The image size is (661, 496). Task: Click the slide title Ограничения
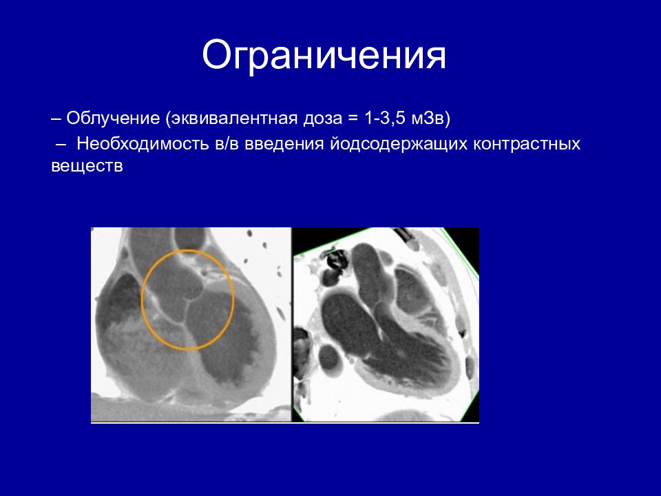324,56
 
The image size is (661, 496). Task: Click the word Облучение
113,118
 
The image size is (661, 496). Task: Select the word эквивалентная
233,118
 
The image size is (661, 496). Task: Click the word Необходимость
143,144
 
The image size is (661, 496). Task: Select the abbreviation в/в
227,144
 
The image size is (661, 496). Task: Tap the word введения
284,145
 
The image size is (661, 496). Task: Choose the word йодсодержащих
399,144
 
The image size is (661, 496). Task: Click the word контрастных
527,145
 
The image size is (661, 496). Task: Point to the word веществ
87,165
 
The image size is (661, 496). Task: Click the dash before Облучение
56,119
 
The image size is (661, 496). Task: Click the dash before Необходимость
61,145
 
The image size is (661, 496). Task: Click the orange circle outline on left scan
142,300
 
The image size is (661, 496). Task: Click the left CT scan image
191,324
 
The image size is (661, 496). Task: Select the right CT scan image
386,324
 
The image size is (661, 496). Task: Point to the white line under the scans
285,422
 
